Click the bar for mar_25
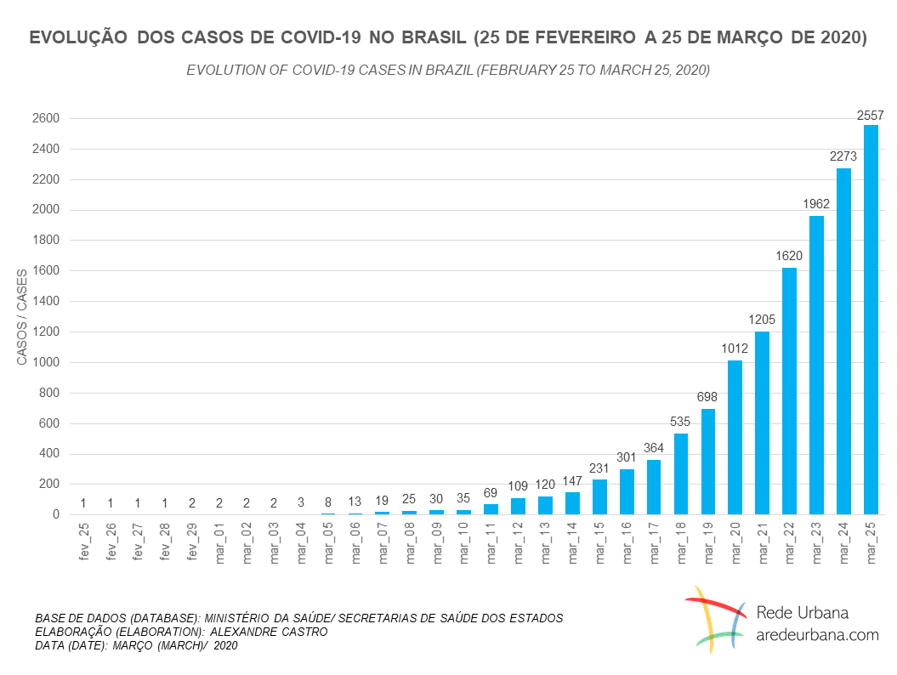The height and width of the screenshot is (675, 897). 871,320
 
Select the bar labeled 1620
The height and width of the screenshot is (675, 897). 789,391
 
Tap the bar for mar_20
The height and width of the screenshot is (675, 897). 735,437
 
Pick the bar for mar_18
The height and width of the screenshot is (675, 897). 680,474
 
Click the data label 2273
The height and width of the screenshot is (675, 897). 843,156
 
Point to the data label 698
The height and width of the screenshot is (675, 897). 707,397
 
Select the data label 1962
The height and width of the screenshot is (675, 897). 816,204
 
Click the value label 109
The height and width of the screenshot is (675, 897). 518,487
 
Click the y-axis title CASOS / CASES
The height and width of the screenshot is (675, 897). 22,316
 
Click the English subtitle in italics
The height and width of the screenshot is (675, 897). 448,70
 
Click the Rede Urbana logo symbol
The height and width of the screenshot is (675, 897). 715,619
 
